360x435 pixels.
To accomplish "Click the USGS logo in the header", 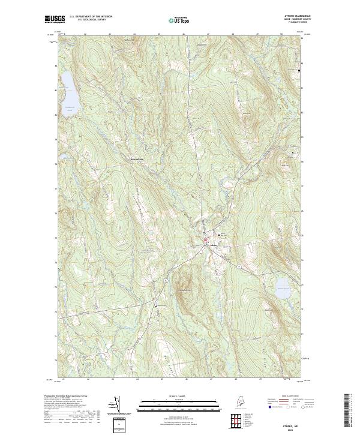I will pyautogui.click(x=55, y=20).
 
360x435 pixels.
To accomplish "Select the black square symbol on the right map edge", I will pyautogui.click(x=299, y=71).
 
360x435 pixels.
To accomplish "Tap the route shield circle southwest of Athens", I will pyautogui.click(x=164, y=280).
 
